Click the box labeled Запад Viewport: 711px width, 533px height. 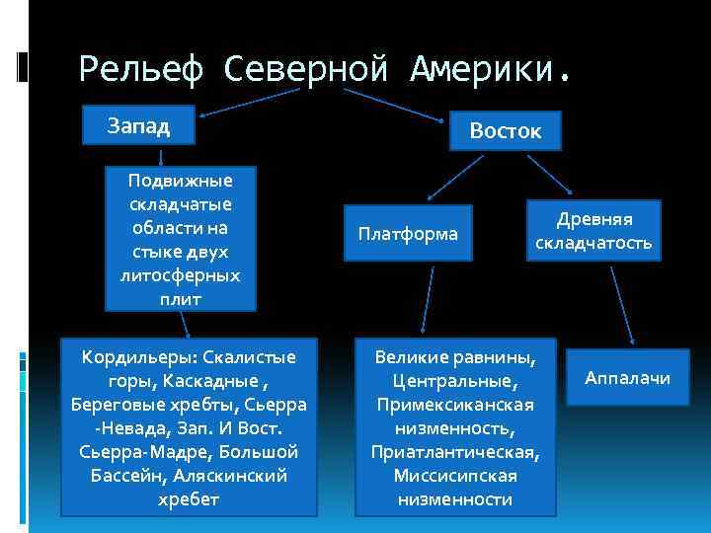pos(138,125)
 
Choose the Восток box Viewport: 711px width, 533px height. pos(505,130)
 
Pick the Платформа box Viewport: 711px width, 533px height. pos(408,234)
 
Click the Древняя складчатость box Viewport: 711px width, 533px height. pos(593,231)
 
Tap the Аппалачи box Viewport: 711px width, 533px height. pos(627,378)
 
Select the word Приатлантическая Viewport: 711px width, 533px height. pos(454,452)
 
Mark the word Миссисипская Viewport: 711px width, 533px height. pos(454,476)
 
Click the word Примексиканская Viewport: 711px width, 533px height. pos(454,405)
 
